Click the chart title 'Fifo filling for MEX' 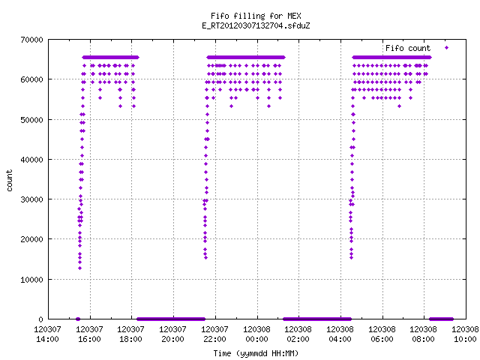pyautogui.click(x=256, y=16)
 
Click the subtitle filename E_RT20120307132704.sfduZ pyautogui.click(x=256, y=25)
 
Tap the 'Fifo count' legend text pyautogui.click(x=408, y=48)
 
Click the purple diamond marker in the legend pyautogui.click(x=447, y=47)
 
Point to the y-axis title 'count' pyautogui.click(x=10, y=181)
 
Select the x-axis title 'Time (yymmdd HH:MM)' pyautogui.click(x=256, y=353)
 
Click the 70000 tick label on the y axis pyautogui.click(x=31, y=40)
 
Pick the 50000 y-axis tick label pyautogui.click(x=31, y=120)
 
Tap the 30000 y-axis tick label pyautogui.click(x=31, y=199)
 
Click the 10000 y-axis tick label pyautogui.click(x=31, y=280)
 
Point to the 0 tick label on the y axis pyautogui.click(x=40, y=319)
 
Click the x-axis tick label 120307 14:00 pyautogui.click(x=47, y=334)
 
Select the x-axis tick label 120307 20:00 pyautogui.click(x=172, y=334)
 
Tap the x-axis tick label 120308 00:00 pyautogui.click(x=256, y=334)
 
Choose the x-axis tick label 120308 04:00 pyautogui.click(x=340, y=334)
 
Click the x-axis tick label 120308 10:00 pyautogui.click(x=465, y=334)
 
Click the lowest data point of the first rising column pyautogui.click(x=79, y=268)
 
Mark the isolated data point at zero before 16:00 pyautogui.click(x=78, y=319)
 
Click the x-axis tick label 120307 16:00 pyautogui.click(x=89, y=334)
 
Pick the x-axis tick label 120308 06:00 pyautogui.click(x=382, y=334)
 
